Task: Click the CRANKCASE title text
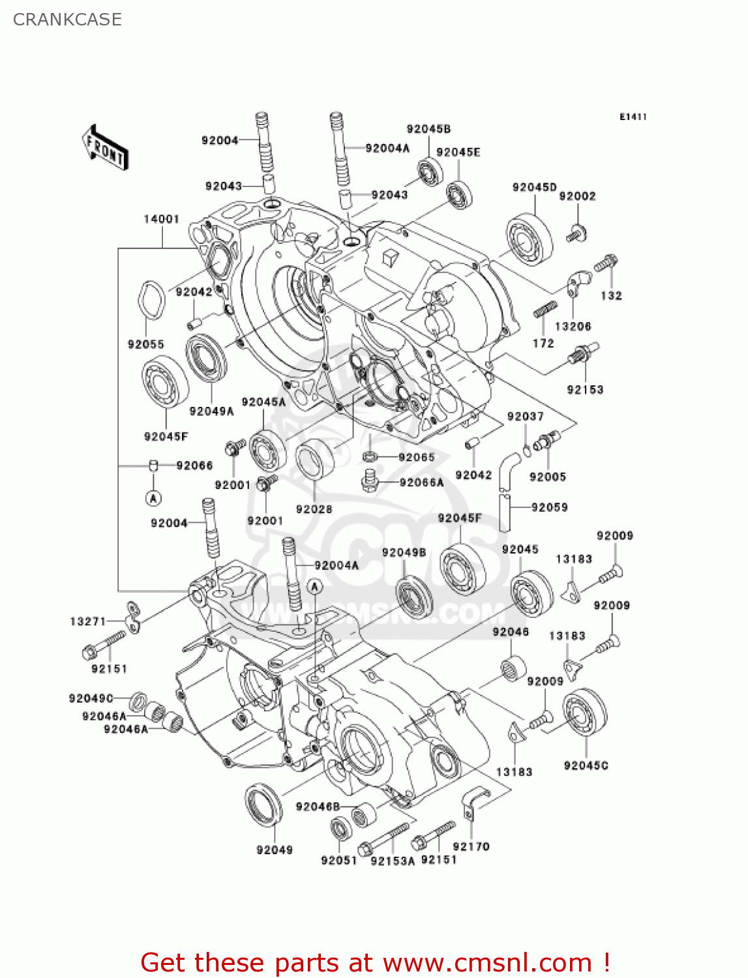click(67, 20)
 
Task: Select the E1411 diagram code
click(633, 117)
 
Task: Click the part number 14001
click(161, 219)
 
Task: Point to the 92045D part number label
click(534, 187)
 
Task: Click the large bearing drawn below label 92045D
click(529, 238)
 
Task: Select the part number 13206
click(573, 326)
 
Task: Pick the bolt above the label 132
click(606, 263)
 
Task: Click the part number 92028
click(314, 509)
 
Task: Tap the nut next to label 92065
click(368, 456)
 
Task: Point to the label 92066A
click(421, 482)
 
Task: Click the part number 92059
click(549, 507)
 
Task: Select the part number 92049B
click(404, 552)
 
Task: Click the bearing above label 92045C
click(585, 714)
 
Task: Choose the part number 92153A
click(393, 861)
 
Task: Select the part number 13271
click(87, 621)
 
